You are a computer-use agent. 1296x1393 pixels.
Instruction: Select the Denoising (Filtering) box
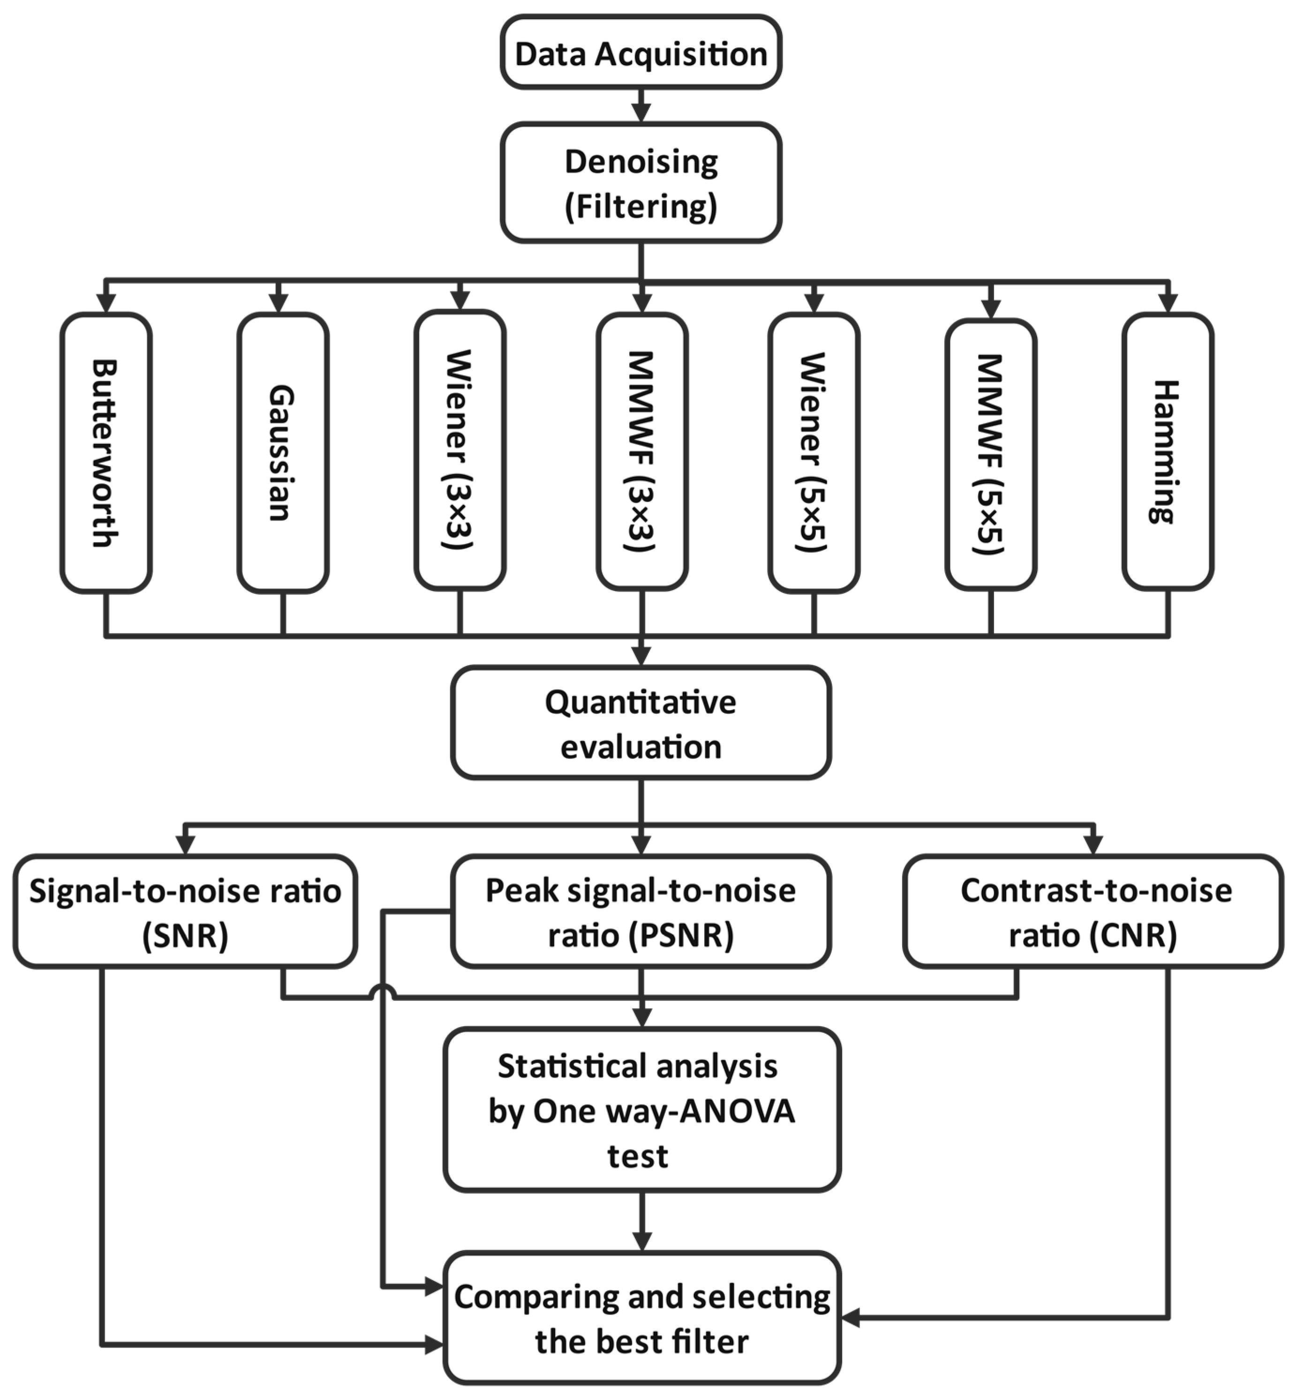pos(640,183)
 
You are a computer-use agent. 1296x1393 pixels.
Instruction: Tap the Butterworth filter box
pos(106,452)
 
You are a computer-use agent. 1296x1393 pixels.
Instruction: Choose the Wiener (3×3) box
pos(460,450)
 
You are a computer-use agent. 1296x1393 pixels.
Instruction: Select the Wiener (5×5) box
pos(814,452)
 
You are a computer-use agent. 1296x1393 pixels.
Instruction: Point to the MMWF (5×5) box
pos(991,454)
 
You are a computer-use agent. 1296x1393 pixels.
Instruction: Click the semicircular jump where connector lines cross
pos(383,990)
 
